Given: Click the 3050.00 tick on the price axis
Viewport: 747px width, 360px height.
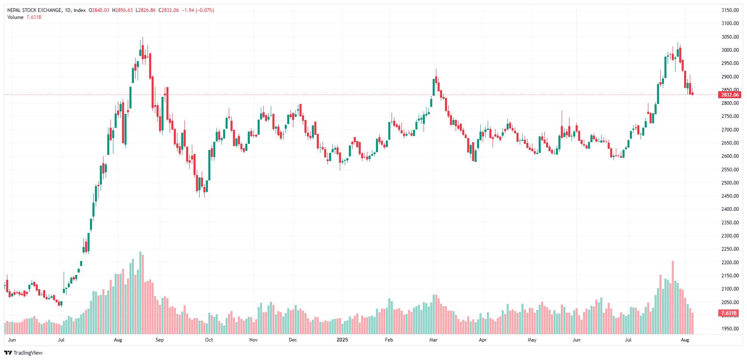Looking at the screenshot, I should [730, 37].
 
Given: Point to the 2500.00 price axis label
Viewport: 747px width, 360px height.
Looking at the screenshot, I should [730, 183].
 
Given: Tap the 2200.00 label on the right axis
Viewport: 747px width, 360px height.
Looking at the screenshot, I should [730, 263].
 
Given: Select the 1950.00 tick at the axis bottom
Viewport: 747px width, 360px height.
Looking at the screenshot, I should [730, 329].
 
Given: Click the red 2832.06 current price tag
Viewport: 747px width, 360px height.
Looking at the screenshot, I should [730, 95].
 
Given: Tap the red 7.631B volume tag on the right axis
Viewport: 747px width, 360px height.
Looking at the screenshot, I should [729, 313].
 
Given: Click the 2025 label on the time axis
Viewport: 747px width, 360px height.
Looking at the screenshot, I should [342, 340].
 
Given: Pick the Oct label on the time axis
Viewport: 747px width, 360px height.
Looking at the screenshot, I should [209, 340].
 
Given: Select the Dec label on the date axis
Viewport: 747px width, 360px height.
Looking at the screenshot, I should [293, 340].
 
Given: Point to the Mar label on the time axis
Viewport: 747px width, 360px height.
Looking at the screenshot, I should [433, 340].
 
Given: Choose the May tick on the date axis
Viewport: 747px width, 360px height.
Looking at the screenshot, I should [532, 340].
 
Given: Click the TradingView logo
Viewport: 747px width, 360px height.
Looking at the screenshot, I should [23, 353].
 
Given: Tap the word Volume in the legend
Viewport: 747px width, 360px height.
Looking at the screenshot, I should [15, 17].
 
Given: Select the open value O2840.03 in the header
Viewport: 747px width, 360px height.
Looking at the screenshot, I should [99, 10].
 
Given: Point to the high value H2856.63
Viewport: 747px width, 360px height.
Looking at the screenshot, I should [122, 10].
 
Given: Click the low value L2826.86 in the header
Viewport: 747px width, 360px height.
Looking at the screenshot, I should [145, 10].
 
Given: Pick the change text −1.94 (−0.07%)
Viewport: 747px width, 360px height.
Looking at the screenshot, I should [198, 10].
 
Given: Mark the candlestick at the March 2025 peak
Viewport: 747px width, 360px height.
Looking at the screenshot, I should [436, 80].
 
